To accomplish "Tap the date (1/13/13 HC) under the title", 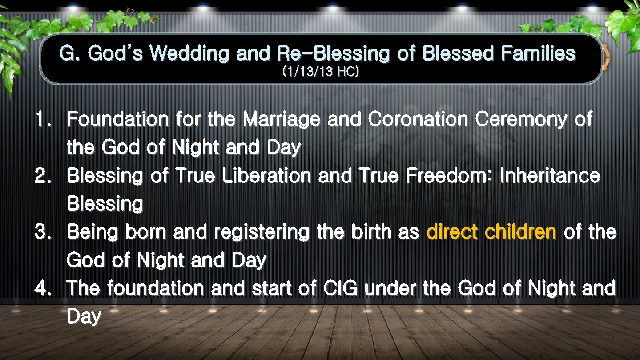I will click(x=320, y=72).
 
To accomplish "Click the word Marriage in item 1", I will click(x=282, y=120).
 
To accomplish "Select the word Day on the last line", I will click(x=84, y=317).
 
